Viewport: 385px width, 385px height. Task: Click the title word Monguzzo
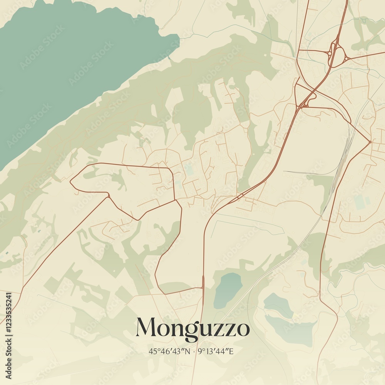coord(192,328)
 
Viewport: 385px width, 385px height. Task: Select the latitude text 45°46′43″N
coord(169,352)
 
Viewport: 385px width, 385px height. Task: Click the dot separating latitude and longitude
coord(194,352)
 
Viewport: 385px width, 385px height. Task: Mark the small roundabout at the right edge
coord(370,142)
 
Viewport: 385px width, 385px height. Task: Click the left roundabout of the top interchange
coord(330,53)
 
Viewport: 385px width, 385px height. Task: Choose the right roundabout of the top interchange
coord(346,59)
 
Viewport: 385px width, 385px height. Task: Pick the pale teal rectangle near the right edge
coord(360,202)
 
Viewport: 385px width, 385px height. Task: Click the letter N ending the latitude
coord(188,352)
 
